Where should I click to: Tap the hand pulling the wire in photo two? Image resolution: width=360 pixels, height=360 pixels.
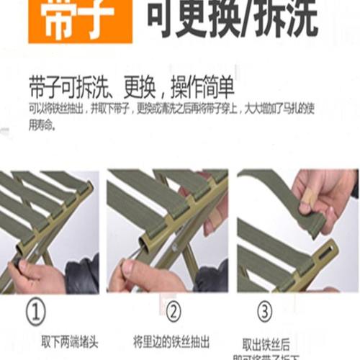[x=144, y=274]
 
